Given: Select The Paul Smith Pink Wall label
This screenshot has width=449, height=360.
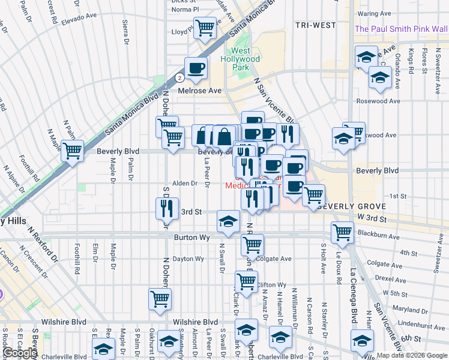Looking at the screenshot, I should coord(401,29).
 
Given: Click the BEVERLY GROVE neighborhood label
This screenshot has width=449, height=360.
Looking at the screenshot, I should coord(346,206).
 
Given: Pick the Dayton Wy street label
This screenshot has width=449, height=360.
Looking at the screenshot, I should coord(188,259).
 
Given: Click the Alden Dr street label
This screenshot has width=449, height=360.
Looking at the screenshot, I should coord(185,183).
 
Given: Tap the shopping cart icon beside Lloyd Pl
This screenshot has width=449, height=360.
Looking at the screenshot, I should coord(205,28).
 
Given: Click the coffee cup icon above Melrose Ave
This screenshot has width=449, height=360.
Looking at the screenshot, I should coord(195,68).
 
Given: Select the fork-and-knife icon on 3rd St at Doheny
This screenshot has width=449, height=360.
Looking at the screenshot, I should coord(166,208).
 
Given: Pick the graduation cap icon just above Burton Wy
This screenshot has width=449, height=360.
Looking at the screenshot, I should coord(228,222).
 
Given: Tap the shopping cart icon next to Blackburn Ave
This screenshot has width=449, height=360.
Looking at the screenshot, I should coord(342,231).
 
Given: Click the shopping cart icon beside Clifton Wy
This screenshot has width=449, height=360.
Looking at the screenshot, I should coord(246,280).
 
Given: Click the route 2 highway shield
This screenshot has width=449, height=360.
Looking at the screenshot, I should coord(179,77).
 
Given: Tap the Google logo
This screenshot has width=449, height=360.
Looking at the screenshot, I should coord(20,353).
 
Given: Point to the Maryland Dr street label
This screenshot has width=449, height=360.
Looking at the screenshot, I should coord(411,310).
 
